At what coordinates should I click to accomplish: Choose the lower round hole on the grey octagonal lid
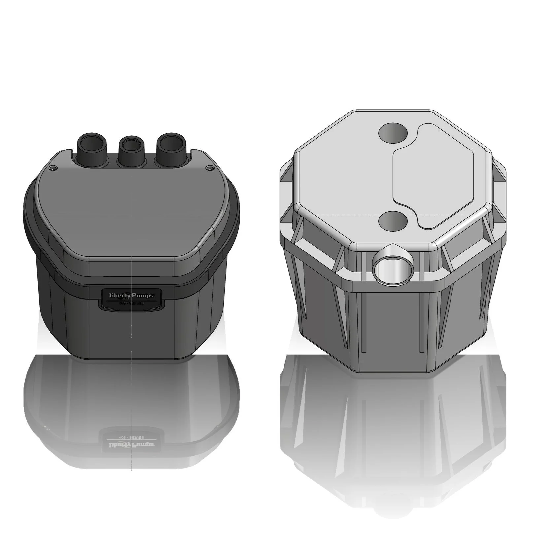click(392, 221)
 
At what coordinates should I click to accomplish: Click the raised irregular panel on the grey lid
click(439, 178)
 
